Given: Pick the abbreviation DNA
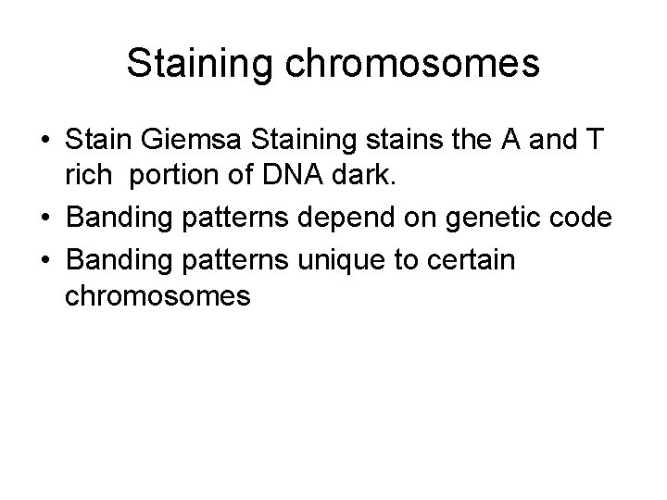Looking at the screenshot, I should pyautogui.click(x=279, y=176).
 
